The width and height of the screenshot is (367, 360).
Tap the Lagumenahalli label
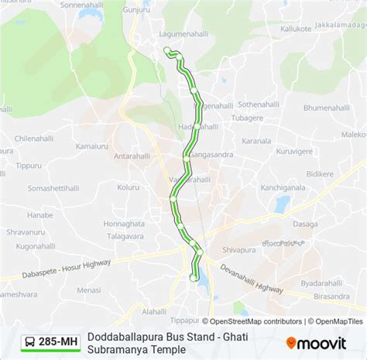163,34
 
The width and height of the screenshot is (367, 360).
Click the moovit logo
316,341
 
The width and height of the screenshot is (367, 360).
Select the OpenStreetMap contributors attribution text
256,321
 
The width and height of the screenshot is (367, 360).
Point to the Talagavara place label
125,236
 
